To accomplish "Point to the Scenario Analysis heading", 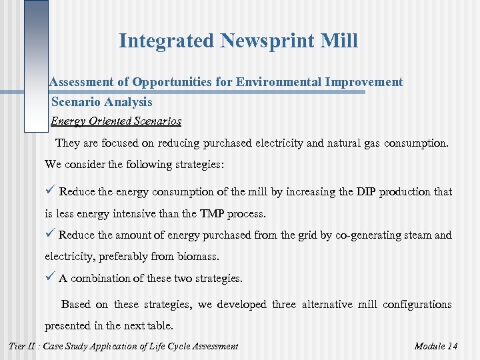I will (101, 102).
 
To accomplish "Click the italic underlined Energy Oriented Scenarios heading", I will (116, 121).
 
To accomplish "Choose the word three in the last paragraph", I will (283, 305).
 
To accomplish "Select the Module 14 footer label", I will (435, 346).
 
